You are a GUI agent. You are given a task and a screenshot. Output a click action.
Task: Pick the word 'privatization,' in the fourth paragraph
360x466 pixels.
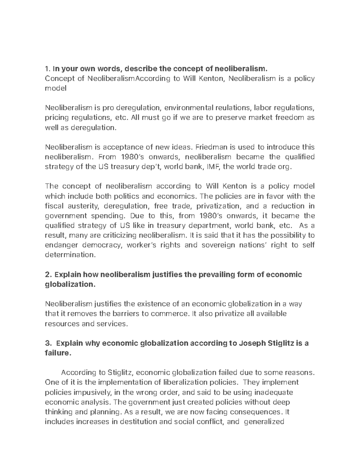pyautogui.click(x=218, y=206)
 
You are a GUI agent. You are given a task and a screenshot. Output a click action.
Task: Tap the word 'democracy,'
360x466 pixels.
pyautogui.click(x=99, y=245)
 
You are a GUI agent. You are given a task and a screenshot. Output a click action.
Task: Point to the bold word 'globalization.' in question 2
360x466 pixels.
pyautogui.click(x=70, y=284)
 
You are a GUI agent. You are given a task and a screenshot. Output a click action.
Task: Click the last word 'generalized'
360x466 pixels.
pyautogui.click(x=264, y=422)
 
